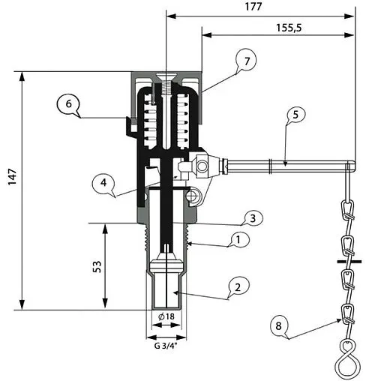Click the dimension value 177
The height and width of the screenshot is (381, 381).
click(259, 7)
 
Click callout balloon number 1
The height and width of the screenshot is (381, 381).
click(238, 239)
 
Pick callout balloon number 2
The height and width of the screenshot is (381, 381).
click(238, 286)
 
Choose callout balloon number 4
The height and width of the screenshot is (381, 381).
click(105, 182)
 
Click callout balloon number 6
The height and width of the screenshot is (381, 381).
click(67, 105)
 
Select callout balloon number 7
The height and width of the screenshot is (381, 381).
click(245, 60)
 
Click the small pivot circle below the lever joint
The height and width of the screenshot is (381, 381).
click(193, 196)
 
